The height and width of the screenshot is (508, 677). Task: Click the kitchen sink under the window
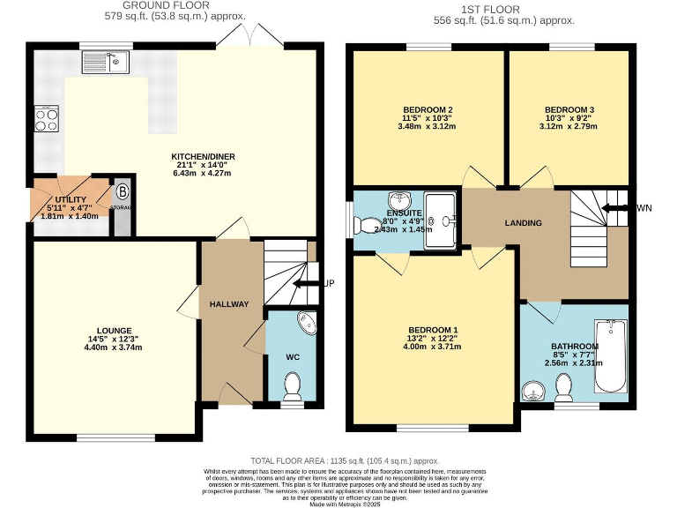tap(106, 62)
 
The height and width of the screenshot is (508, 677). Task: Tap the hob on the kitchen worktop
tap(46, 118)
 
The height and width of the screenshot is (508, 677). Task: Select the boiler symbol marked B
tap(123, 190)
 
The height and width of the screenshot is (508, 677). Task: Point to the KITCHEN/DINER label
tap(203, 157)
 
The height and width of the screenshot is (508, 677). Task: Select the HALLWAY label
tap(229, 304)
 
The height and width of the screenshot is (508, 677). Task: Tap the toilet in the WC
tap(292, 385)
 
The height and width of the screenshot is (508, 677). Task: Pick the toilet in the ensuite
tap(364, 224)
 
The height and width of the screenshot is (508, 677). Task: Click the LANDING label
tap(523, 223)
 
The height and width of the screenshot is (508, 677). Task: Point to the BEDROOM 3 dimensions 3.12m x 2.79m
tap(570, 126)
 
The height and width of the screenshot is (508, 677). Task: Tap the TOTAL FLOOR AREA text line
tap(345, 460)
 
